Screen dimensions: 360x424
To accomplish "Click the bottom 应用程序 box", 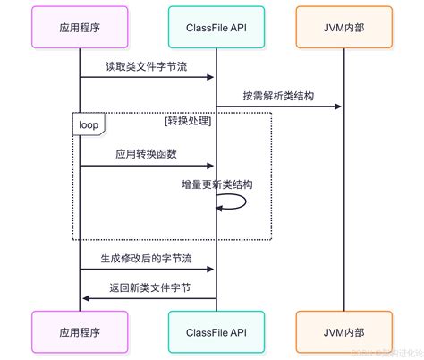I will (x=79, y=331).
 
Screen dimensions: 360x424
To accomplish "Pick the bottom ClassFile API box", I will (x=215, y=331).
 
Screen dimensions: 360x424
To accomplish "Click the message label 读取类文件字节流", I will (x=147, y=66).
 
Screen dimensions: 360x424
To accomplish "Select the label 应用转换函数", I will (x=147, y=154).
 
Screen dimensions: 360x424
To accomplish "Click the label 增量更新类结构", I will (x=216, y=184).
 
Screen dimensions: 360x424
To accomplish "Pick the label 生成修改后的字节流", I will (x=147, y=257).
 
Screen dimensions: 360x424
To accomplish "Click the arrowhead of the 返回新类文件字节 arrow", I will (x=84, y=298).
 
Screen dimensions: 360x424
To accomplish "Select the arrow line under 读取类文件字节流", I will (x=147, y=77).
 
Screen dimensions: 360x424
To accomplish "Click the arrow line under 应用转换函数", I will (x=147, y=166).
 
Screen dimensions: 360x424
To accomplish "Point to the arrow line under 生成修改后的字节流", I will (x=147, y=269).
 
